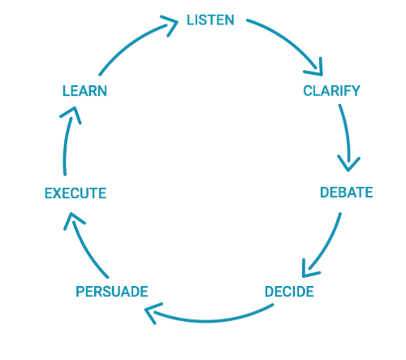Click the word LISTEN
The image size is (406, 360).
click(210, 20)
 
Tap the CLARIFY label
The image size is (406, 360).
click(331, 90)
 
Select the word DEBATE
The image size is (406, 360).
click(346, 193)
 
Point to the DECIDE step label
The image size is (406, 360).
click(289, 290)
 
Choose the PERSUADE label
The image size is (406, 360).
click(111, 291)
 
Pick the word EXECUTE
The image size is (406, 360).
click(75, 193)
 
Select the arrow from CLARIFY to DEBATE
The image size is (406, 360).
click(348, 138)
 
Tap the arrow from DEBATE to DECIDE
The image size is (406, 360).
click(325, 244)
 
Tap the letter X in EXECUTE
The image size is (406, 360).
click(58, 193)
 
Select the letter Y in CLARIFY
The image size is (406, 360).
click(355, 90)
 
